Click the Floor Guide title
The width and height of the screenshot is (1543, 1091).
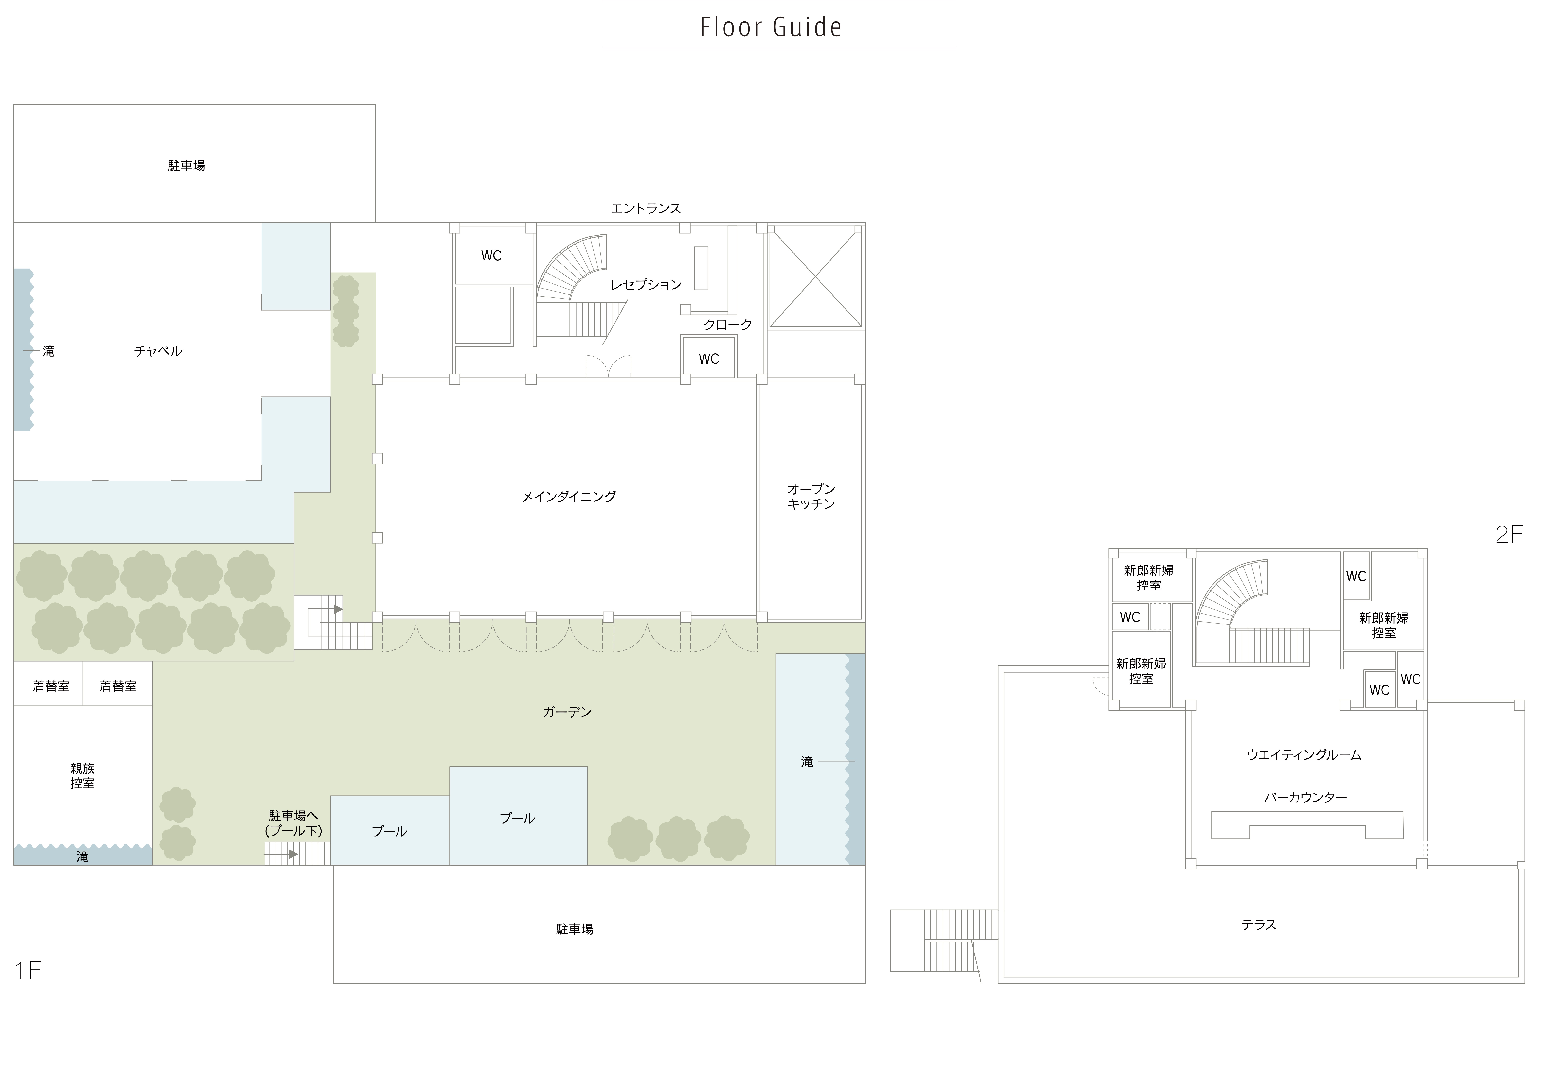pos(771,27)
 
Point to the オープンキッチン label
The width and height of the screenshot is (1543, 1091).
pos(811,496)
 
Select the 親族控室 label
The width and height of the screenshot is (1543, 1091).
pos(83,776)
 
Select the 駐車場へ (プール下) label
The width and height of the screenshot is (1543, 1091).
pos(294,823)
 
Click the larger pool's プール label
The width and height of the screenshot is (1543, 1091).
pos(517,818)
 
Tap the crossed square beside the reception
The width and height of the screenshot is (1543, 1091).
pos(815,277)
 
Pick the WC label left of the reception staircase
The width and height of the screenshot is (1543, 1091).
pos(491,256)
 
